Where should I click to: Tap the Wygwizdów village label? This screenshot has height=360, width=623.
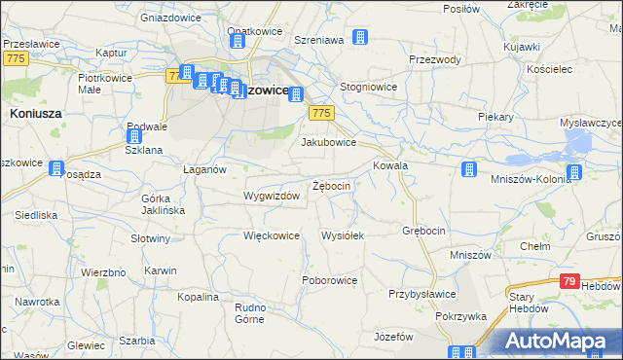point(271,196)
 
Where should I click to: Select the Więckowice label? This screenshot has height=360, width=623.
point(271,235)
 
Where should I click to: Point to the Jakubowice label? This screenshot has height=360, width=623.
point(328,142)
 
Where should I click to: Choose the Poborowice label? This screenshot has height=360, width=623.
point(331,280)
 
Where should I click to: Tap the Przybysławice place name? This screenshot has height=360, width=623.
point(422,293)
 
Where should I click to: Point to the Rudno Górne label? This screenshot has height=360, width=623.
point(250,313)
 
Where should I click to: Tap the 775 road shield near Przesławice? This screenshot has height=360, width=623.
point(14,60)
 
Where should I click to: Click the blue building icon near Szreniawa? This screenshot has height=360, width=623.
point(360,38)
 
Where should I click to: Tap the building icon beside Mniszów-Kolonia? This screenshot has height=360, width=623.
point(574,173)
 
